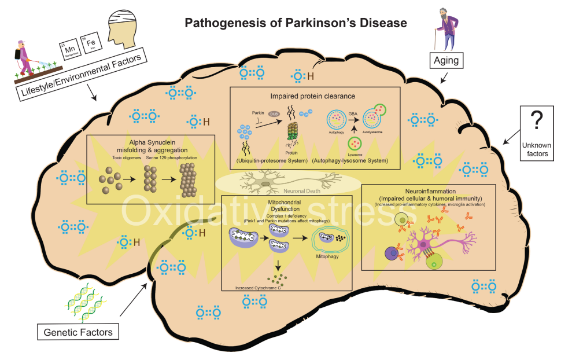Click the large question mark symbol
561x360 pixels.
click(x=537, y=121)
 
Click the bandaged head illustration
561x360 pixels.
click(x=126, y=27)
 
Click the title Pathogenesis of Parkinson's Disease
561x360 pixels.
click(x=296, y=23)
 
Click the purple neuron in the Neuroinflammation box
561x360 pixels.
click(x=429, y=238)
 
